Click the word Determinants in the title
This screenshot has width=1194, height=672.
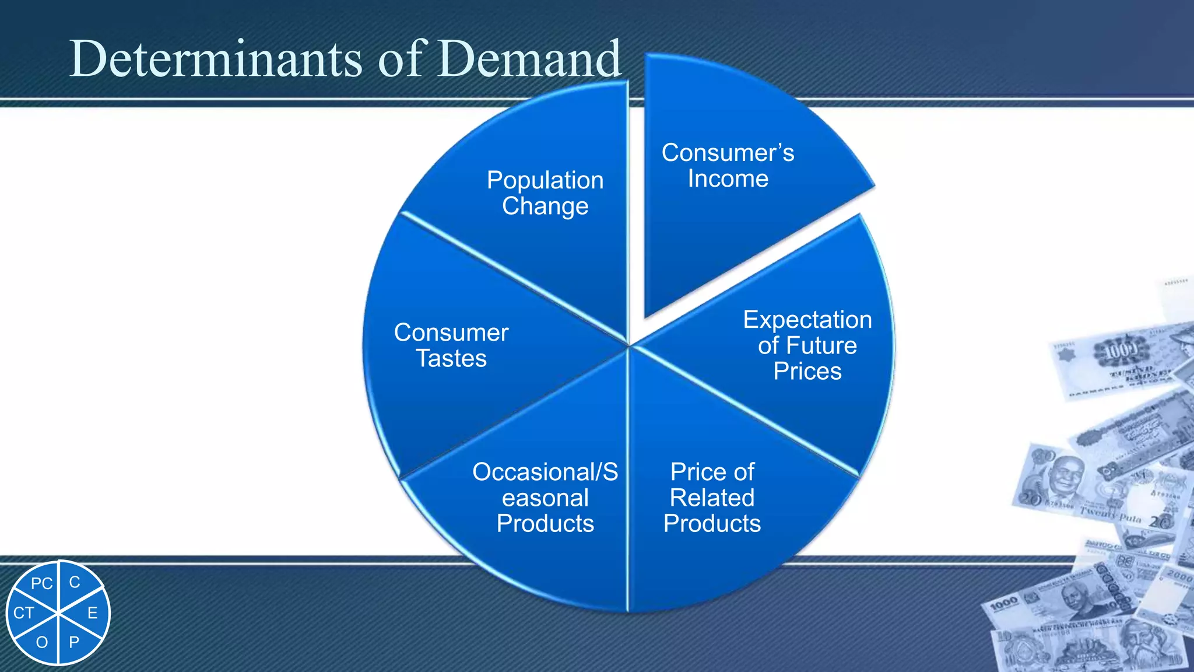[x=216, y=58]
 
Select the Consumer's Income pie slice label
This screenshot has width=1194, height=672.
[x=728, y=166]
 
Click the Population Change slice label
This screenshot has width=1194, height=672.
[x=545, y=193]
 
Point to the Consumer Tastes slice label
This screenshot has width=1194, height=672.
[x=451, y=345]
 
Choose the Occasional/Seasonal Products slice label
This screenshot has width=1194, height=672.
[x=545, y=498]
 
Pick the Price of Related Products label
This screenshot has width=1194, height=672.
[x=712, y=498]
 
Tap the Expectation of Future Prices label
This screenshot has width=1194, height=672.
[x=807, y=345]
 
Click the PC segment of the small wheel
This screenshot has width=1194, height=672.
[x=41, y=583]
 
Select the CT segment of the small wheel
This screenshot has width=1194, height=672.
[x=24, y=613]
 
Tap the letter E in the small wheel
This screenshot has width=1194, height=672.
[x=92, y=613]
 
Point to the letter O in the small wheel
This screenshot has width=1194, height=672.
[x=42, y=643]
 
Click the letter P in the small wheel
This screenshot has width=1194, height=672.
[x=74, y=643]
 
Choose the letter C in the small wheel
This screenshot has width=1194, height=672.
[x=75, y=582]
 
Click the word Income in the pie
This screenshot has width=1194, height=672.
[x=728, y=179]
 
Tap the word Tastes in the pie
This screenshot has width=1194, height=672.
[x=451, y=359]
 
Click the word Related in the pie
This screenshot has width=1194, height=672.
[x=712, y=498]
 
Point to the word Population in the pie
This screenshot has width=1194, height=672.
[x=545, y=180]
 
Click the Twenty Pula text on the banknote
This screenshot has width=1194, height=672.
[x=1110, y=514]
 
